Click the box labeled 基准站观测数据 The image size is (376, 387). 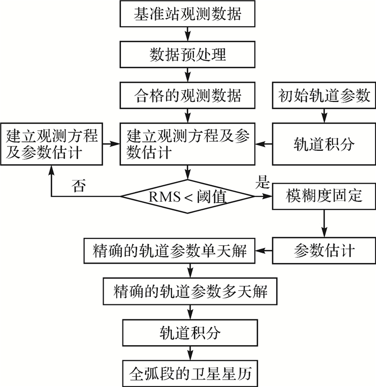[187, 13]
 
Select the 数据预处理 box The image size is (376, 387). [187, 55]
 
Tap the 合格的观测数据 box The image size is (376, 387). [187, 96]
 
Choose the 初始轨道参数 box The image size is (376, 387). [324, 96]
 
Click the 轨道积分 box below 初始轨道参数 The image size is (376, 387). [324, 143]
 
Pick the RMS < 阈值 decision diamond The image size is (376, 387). [187, 198]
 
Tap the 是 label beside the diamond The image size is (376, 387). [263, 182]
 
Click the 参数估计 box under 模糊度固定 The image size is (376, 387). [324, 250]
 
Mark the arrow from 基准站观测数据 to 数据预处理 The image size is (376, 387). [187, 34]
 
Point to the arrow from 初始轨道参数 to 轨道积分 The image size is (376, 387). [324, 115]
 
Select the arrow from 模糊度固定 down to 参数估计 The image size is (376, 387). [324, 223]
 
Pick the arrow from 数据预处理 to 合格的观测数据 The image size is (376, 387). [187, 75]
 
